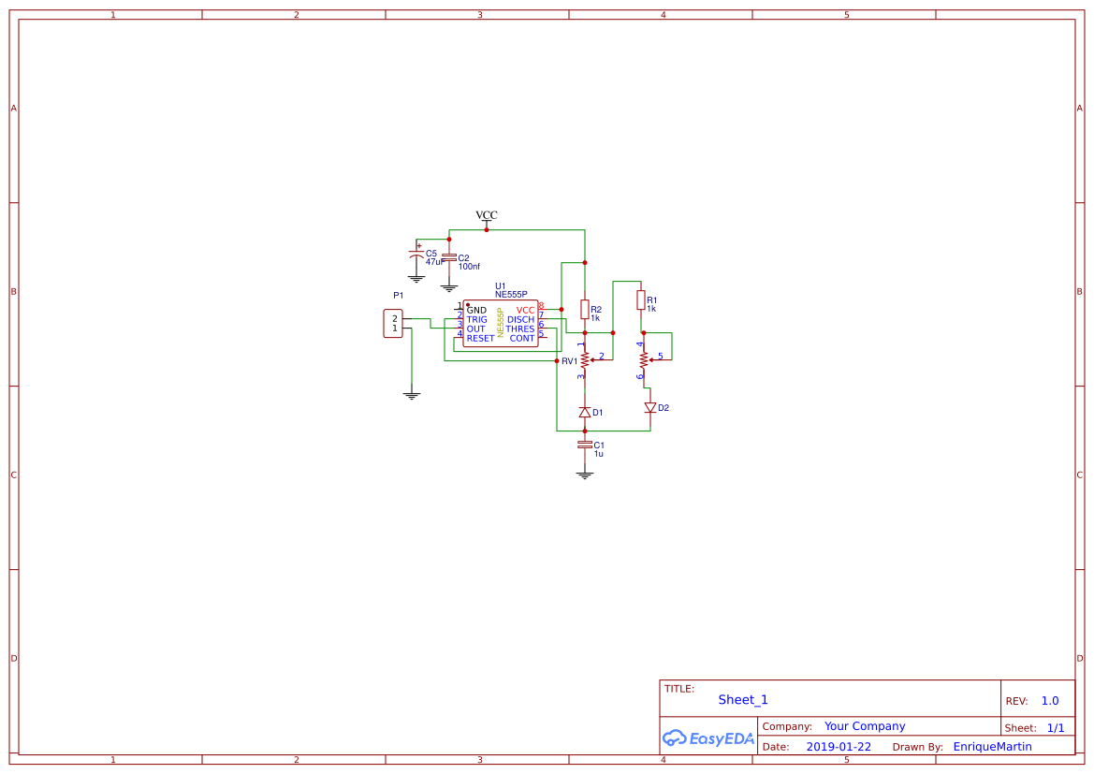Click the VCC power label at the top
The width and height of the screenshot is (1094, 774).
point(487,215)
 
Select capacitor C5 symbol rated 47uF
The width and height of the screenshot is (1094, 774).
point(416,254)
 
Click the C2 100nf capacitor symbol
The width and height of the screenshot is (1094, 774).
point(449,257)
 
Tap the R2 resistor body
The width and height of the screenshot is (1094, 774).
point(585,310)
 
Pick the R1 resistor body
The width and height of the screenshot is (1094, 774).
point(641,299)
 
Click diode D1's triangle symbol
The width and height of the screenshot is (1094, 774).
point(585,412)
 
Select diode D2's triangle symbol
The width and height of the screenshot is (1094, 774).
point(650,408)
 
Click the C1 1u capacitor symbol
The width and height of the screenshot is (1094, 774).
point(585,445)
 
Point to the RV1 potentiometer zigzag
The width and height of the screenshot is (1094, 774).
point(585,358)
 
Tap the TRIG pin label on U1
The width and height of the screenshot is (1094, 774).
point(476,320)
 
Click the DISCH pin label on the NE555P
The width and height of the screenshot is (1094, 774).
point(520,320)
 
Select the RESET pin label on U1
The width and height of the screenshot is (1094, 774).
point(480,339)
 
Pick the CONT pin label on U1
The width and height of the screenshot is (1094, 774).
point(522,339)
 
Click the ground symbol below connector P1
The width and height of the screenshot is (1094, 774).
point(411,396)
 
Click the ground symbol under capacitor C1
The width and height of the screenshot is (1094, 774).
point(585,475)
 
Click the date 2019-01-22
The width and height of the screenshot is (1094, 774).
point(839,747)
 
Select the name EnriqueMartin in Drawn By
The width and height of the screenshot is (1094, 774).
point(992,747)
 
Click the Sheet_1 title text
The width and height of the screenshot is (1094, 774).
point(743,700)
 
